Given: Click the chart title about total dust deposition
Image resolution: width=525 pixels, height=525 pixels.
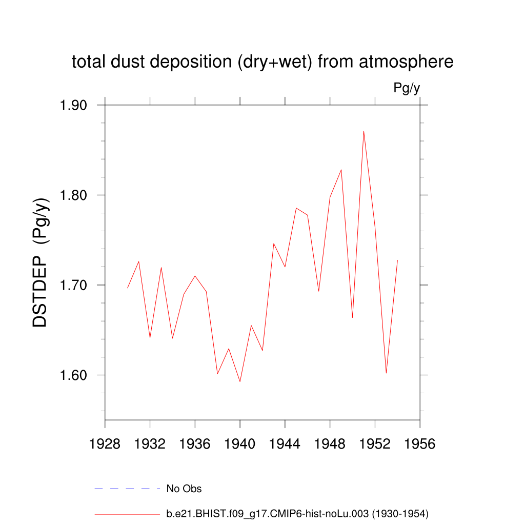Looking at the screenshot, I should (262, 62).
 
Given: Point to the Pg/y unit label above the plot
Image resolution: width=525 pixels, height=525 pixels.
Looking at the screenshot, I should (407, 88).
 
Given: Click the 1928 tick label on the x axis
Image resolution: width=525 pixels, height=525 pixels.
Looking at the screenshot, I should (105, 444).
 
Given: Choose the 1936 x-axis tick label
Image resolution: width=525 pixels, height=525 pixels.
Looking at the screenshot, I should (195, 444).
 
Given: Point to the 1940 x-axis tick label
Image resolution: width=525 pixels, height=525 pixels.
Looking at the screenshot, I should (240, 444).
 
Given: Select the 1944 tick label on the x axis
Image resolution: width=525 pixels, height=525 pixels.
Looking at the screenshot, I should (285, 444).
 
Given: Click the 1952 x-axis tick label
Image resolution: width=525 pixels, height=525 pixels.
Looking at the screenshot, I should (375, 444).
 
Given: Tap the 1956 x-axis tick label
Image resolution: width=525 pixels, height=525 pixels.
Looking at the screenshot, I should (420, 444).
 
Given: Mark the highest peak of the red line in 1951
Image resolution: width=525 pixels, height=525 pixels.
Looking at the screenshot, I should (364, 131).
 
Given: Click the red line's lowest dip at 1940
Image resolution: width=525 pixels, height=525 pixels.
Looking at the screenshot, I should (240, 381).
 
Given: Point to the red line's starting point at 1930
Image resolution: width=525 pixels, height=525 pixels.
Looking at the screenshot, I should (128, 288).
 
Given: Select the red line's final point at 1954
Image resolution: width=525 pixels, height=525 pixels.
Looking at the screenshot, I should (397, 260).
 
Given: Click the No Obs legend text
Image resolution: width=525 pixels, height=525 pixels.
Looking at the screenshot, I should (184, 489).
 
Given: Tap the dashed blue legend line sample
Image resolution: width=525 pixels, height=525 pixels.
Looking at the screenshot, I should (127, 489).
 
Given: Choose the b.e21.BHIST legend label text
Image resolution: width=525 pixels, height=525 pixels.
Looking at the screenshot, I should (297, 513).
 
